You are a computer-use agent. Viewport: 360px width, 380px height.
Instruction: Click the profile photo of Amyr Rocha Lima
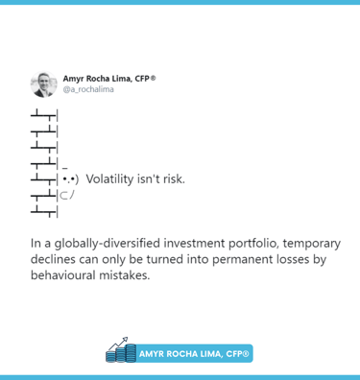(x=44, y=84)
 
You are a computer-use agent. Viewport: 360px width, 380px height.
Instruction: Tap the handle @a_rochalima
(x=88, y=91)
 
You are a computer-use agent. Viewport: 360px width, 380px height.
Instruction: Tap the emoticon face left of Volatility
(x=69, y=178)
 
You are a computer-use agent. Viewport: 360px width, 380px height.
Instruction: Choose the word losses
(x=302, y=259)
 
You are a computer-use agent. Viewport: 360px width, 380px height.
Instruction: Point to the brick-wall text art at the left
(x=44, y=162)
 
